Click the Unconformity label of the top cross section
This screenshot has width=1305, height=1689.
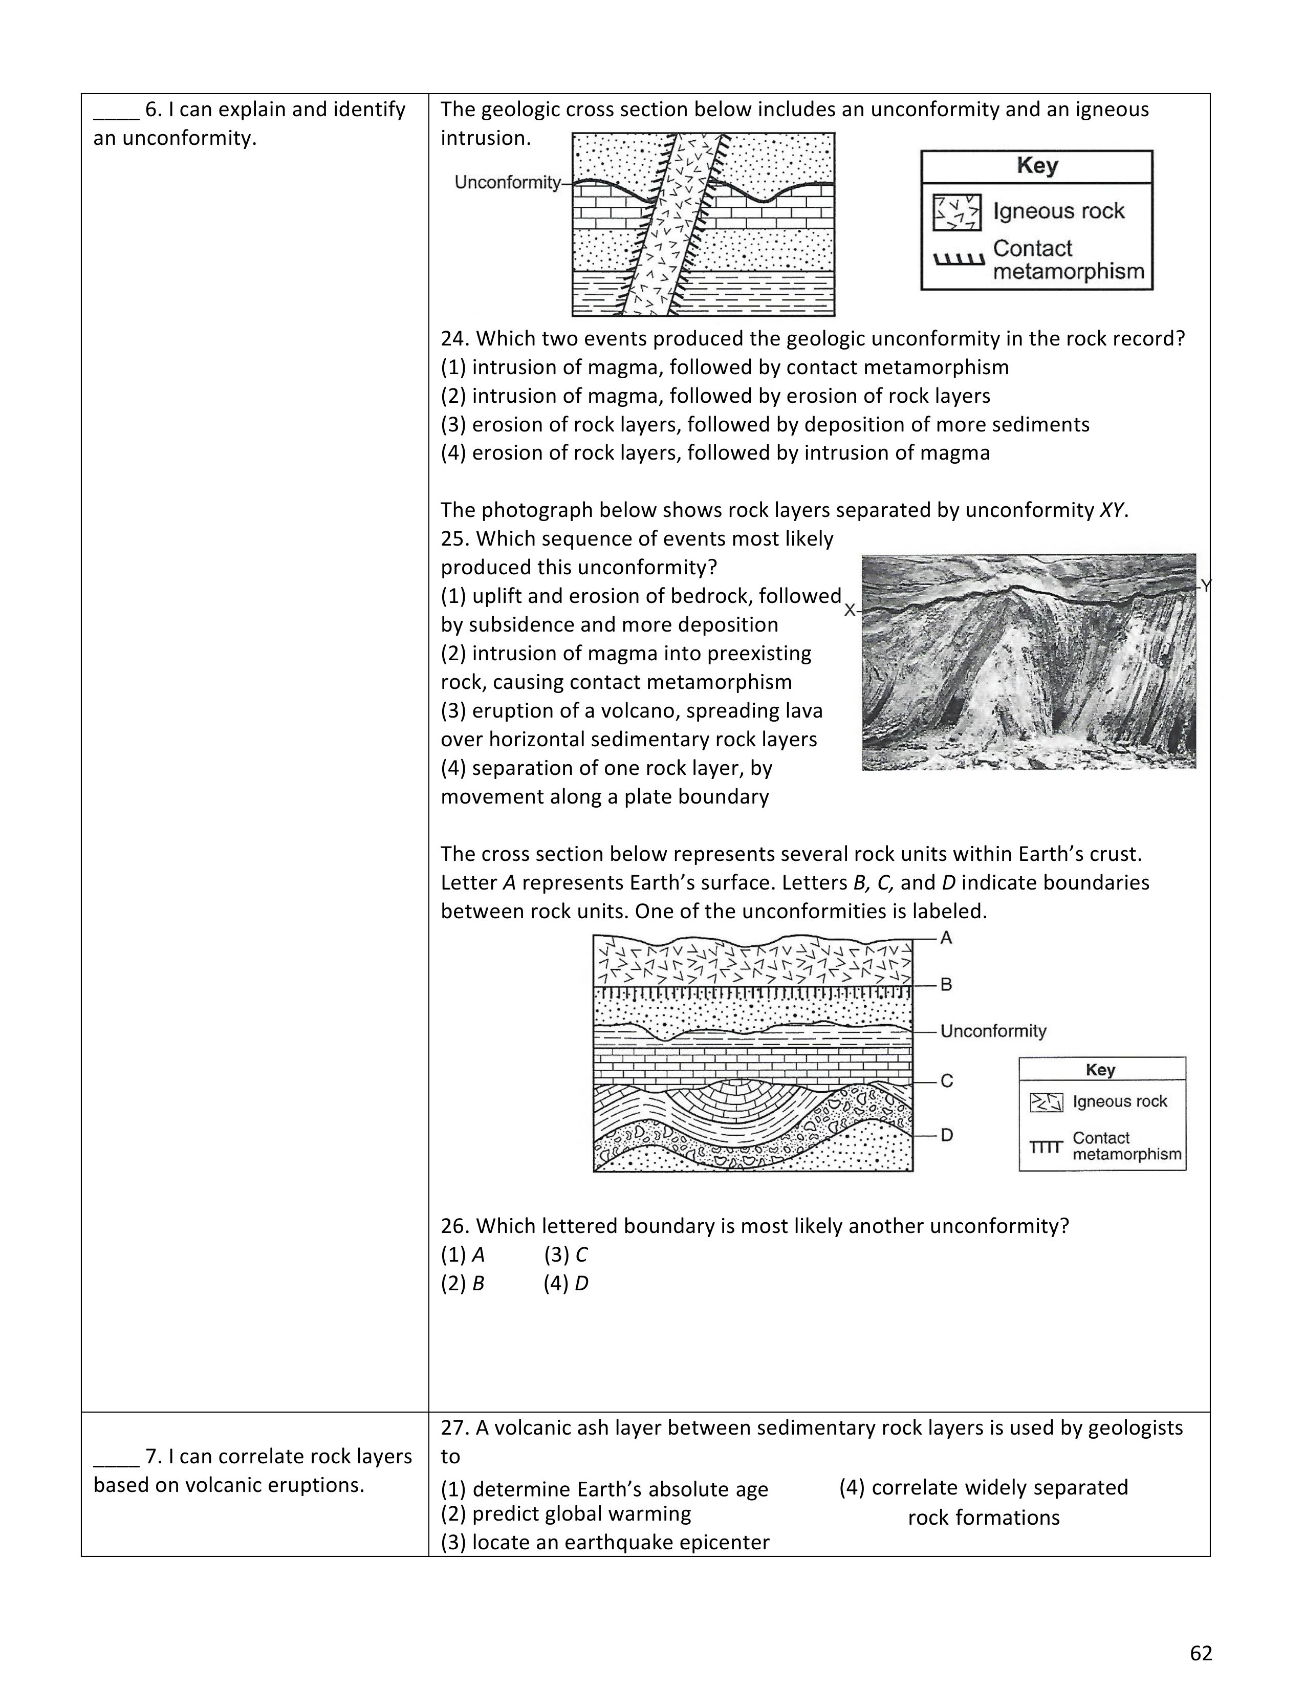click(x=507, y=183)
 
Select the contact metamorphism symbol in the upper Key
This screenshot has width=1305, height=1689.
click(x=959, y=259)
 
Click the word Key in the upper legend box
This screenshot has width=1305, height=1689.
click(x=1037, y=165)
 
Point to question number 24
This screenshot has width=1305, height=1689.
click(x=455, y=339)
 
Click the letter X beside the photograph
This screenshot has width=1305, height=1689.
click(x=850, y=610)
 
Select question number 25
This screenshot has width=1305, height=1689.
click(x=455, y=539)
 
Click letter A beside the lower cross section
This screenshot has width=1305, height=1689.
click(x=946, y=938)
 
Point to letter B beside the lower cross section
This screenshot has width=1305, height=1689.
click(x=946, y=984)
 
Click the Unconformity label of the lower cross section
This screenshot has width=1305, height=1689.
click(x=993, y=1031)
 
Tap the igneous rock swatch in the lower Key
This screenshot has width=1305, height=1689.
click(x=1046, y=1102)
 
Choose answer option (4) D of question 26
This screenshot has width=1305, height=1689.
click(x=566, y=1284)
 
